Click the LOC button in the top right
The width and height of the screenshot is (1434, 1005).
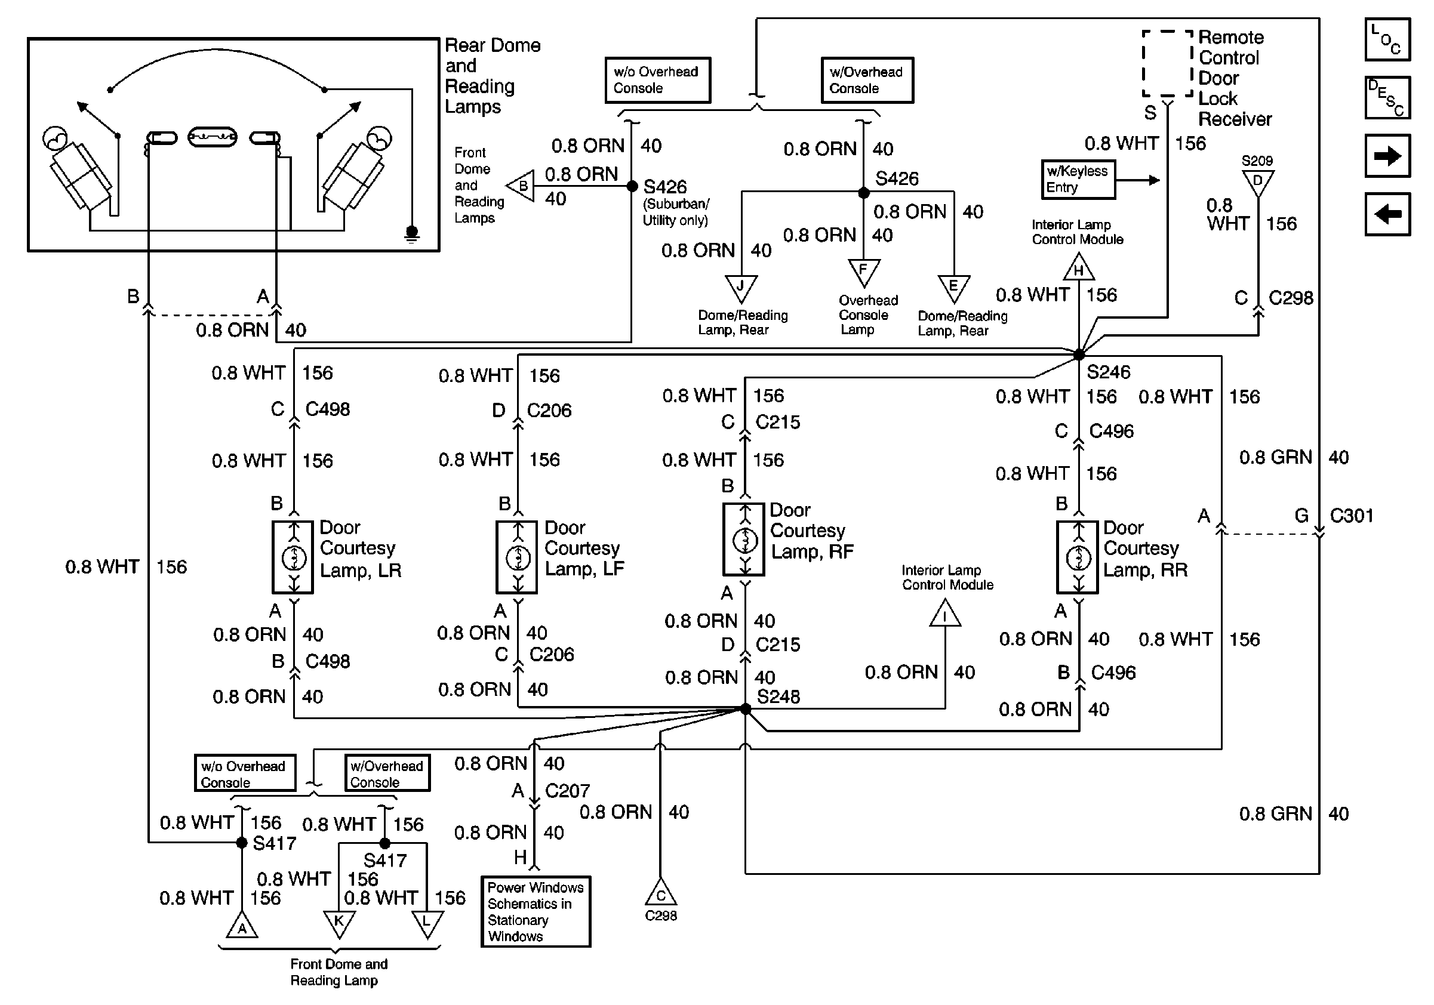[1387, 40]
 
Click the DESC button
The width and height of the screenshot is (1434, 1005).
[1387, 97]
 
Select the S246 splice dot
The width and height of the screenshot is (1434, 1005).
[1079, 354]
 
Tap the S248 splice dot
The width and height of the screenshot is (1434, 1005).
[745, 708]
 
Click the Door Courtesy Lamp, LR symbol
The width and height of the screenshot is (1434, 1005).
[293, 557]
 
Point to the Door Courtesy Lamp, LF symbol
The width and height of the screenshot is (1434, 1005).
[517, 557]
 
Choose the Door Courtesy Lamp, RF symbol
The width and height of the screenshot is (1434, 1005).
[744, 540]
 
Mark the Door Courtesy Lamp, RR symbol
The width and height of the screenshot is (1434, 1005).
[1078, 557]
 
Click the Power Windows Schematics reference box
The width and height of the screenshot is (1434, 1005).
[536, 911]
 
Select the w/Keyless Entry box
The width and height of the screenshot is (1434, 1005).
[1078, 180]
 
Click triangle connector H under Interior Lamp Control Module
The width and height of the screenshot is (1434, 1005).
[1079, 269]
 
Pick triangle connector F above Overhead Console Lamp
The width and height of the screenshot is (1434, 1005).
[864, 272]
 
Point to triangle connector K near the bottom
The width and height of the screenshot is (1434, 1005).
[339, 923]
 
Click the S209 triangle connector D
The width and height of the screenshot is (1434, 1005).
[1258, 181]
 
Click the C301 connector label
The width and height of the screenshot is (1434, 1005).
[1351, 516]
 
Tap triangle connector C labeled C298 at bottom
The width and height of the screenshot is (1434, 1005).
[660, 894]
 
